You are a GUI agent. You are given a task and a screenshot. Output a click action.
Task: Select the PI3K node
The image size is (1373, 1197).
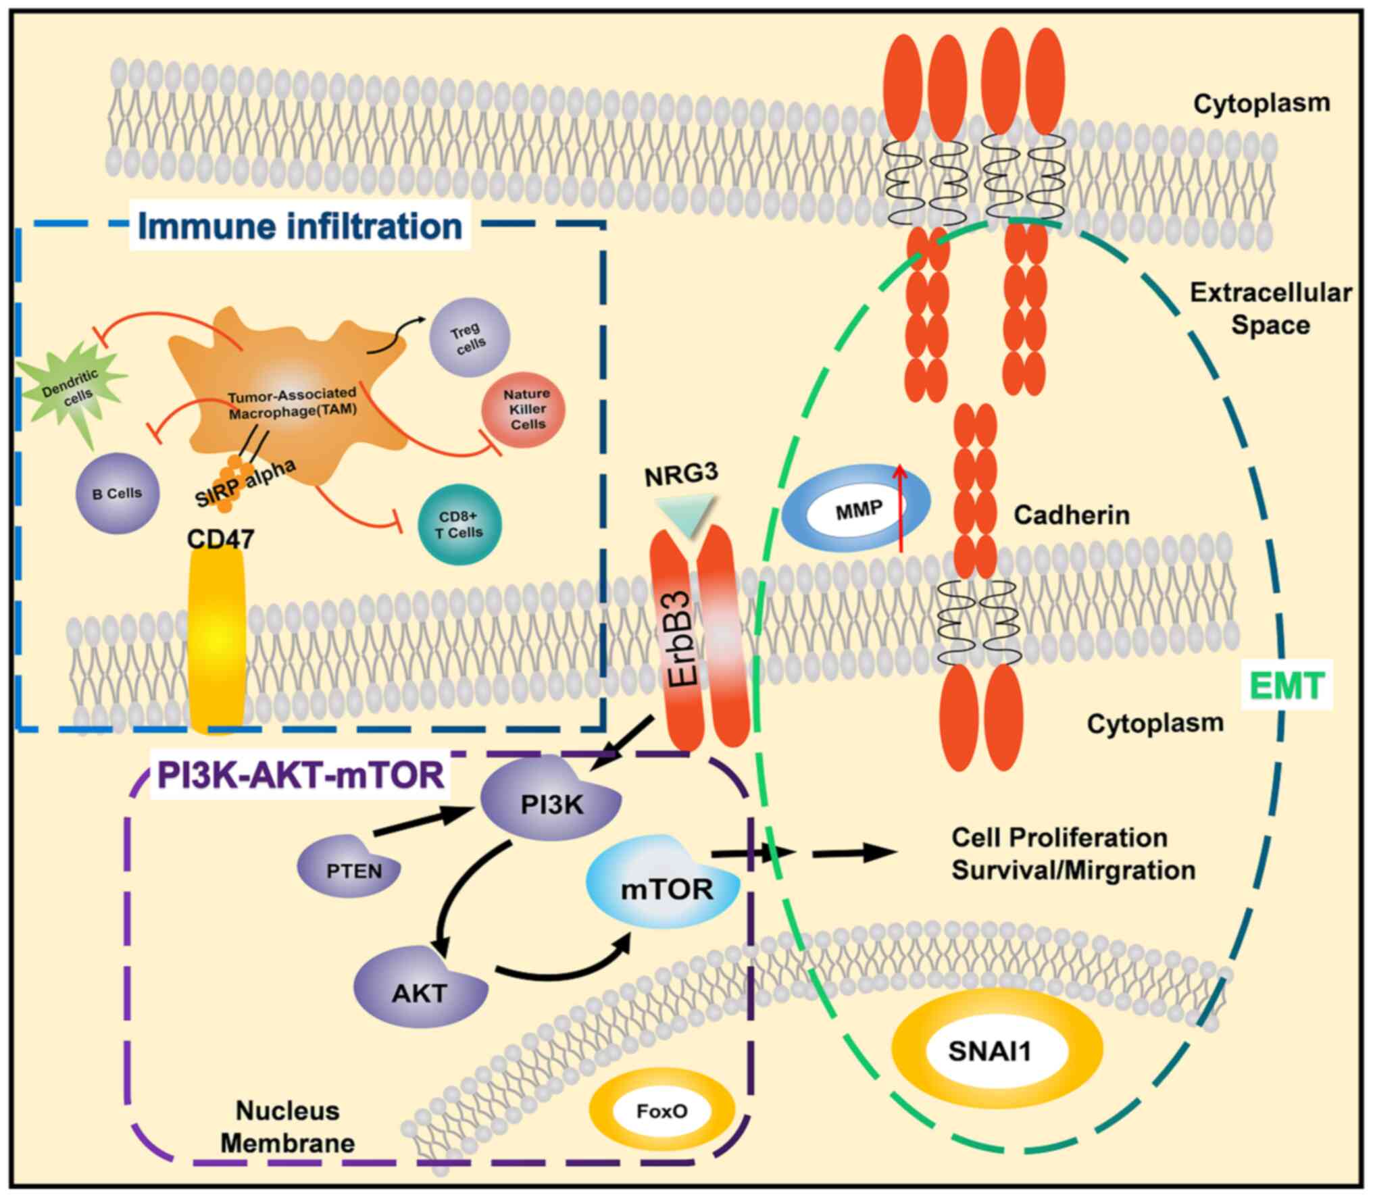(551, 800)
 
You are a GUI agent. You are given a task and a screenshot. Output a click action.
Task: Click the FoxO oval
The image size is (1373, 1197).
(661, 1111)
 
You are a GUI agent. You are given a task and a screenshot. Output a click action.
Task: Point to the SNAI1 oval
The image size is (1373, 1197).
(989, 1050)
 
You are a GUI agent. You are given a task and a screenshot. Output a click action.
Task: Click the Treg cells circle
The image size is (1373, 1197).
(470, 336)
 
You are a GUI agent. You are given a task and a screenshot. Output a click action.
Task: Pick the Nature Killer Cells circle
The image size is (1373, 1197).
(524, 409)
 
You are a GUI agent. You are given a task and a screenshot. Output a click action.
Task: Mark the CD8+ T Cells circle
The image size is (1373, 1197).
(459, 526)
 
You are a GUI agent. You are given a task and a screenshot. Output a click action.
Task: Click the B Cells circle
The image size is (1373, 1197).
(118, 493)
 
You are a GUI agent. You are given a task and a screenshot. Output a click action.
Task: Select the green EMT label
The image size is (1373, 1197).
(1287, 685)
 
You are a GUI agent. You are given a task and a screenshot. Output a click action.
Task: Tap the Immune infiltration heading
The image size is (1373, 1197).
(300, 226)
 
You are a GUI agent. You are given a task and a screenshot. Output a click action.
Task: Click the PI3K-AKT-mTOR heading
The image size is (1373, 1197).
(300, 775)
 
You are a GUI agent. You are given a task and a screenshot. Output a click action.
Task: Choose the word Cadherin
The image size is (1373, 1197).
(1071, 515)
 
